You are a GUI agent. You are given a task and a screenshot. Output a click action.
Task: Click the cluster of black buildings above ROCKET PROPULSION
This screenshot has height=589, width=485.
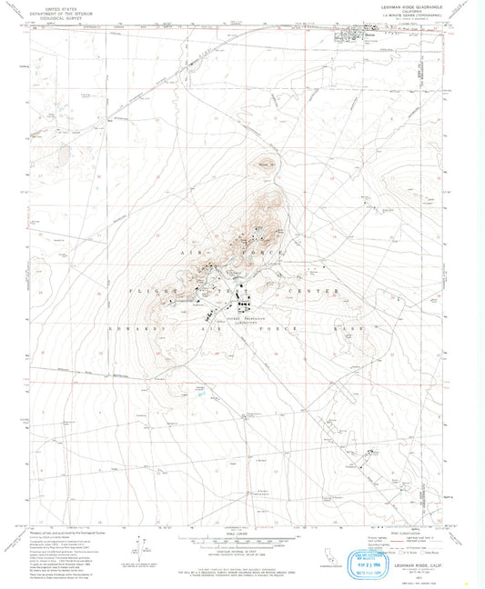245,299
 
